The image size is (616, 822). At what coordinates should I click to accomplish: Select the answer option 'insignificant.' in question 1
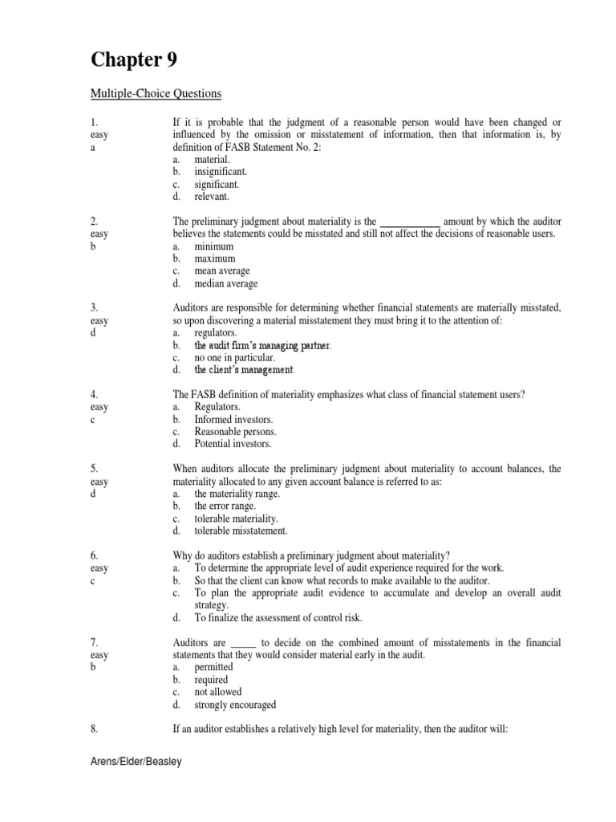pyautogui.click(x=221, y=172)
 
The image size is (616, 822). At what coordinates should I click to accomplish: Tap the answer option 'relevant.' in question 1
pyautogui.click(x=212, y=196)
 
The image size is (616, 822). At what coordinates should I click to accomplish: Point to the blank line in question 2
pyautogui.click(x=409, y=221)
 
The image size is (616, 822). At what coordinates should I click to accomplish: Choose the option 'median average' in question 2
pyautogui.click(x=226, y=283)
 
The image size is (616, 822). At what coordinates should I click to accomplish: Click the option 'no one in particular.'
pyautogui.click(x=234, y=357)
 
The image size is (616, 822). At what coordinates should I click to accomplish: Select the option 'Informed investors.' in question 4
pyautogui.click(x=233, y=419)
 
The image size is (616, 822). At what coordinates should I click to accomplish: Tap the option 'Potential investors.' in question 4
pyautogui.click(x=233, y=443)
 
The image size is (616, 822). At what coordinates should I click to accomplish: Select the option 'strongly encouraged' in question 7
pyautogui.click(x=235, y=705)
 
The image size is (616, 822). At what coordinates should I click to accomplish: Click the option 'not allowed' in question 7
pyautogui.click(x=217, y=692)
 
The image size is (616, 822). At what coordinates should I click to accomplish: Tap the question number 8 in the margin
pyautogui.click(x=94, y=730)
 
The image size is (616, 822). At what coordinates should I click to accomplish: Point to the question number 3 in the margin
pyautogui.click(x=94, y=307)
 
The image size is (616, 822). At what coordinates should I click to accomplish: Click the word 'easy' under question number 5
pyautogui.click(x=99, y=482)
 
